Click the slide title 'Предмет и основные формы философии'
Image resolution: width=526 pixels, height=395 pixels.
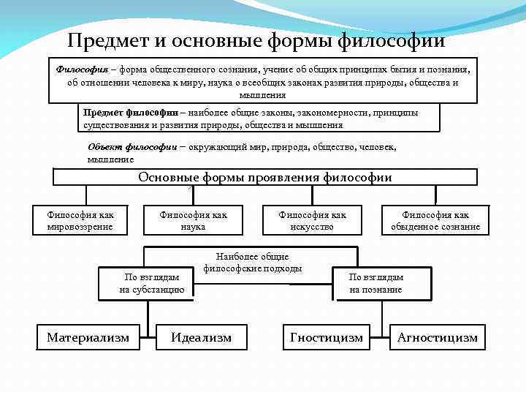point(256,40)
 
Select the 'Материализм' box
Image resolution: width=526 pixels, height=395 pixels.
point(88,337)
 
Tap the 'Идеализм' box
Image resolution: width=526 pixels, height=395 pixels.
point(201,337)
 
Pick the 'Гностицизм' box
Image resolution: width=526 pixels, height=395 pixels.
point(326,337)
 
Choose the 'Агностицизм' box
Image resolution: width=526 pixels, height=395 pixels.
point(437,337)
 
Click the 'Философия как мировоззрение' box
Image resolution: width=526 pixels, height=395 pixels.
point(80,220)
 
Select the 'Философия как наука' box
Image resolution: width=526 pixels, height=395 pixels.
point(194,220)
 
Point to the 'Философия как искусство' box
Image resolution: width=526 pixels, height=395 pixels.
point(313,220)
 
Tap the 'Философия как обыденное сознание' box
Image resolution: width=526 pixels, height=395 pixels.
point(435,220)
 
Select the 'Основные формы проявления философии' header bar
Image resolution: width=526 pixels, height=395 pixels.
point(265,178)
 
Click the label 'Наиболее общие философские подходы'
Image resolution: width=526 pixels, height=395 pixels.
point(252,263)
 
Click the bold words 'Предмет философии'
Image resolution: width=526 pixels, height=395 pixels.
point(130,113)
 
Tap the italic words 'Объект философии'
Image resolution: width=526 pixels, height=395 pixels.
point(131,147)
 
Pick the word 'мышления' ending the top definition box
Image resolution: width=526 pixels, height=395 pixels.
point(263,95)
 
